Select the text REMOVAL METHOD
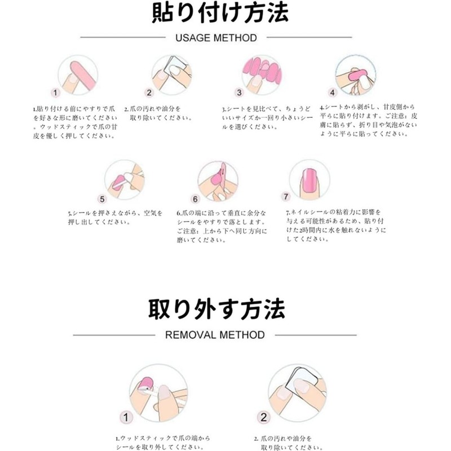click(x=215, y=335)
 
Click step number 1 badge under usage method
click(x=55, y=93)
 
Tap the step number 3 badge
click(x=239, y=92)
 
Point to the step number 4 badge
click(x=333, y=92)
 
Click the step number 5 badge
click(x=102, y=198)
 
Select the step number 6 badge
click(x=196, y=199)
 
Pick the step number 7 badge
click(x=286, y=197)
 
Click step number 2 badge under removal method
click(x=263, y=418)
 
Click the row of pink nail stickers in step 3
click(x=262, y=68)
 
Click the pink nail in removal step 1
click(x=145, y=384)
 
